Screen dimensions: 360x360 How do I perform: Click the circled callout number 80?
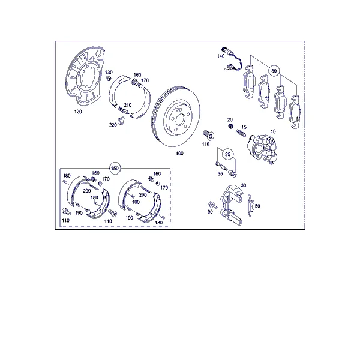[274, 71]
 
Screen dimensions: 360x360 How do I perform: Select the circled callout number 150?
[115, 169]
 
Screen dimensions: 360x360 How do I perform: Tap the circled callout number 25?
[227, 154]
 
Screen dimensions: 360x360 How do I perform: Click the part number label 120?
[78, 112]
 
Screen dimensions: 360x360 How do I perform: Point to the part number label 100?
[179, 154]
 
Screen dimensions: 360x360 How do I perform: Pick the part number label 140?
[221, 56]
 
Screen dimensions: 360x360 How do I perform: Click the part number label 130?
[109, 73]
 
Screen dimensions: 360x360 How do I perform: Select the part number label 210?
[128, 105]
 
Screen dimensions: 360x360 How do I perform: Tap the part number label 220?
[113, 125]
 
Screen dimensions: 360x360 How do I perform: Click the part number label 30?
[244, 185]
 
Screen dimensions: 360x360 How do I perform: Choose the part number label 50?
[257, 206]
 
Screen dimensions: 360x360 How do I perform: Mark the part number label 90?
[210, 212]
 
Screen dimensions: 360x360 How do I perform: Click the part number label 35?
[220, 173]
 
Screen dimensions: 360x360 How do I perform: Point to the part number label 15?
[244, 127]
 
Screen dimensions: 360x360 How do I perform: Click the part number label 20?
[230, 119]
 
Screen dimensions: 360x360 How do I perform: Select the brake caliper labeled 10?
[262, 148]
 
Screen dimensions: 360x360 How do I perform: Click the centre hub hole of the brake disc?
[180, 119]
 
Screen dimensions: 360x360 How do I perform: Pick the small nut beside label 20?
[230, 126]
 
